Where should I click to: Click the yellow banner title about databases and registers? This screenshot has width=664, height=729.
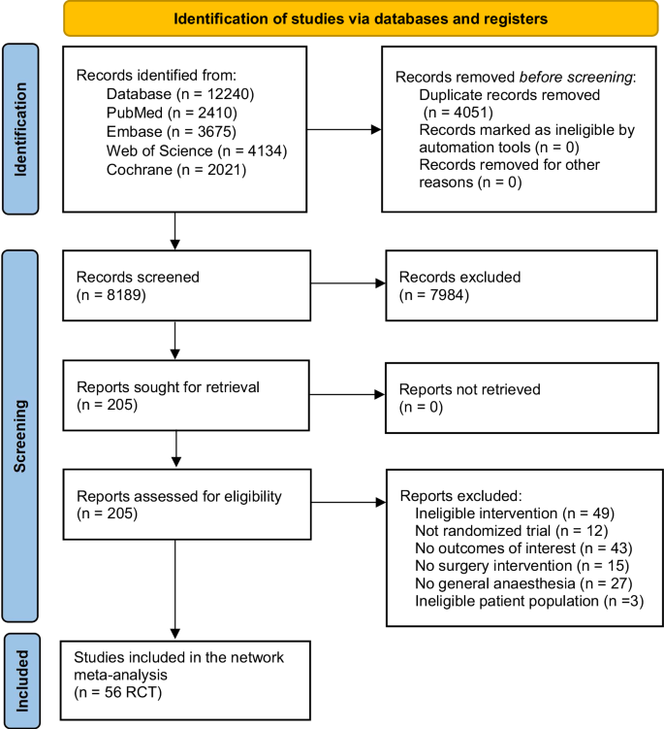[x=361, y=19]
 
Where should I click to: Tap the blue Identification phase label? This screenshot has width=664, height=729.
[x=20, y=129]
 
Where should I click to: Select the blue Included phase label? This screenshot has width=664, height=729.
[x=22, y=680]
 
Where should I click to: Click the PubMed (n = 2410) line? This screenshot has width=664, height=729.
[x=172, y=113]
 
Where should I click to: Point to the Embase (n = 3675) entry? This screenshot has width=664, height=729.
[x=172, y=132]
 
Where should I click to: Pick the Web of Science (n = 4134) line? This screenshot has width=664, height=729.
[x=197, y=151]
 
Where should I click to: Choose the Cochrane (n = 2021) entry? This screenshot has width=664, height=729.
[x=176, y=170]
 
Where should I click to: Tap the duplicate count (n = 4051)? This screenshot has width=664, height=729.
[x=458, y=113]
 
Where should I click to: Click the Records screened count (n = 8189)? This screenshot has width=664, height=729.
[x=111, y=295]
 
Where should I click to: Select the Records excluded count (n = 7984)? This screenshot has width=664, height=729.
[x=434, y=295]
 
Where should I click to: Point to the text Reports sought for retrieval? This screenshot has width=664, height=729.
[x=168, y=386]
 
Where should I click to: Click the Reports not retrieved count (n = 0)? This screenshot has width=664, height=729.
[x=421, y=408]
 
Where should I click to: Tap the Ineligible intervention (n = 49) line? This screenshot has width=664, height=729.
[x=515, y=514]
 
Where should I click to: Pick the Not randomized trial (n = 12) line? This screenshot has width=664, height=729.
[x=511, y=531]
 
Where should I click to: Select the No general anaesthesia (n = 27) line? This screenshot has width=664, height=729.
[x=523, y=583]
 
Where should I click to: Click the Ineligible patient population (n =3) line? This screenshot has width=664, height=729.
[x=529, y=601]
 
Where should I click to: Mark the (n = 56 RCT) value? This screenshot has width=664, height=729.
[x=118, y=692]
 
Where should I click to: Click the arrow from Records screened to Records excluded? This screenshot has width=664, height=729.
[x=348, y=283]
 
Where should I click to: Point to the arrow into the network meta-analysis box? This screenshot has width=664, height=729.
[x=175, y=589]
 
